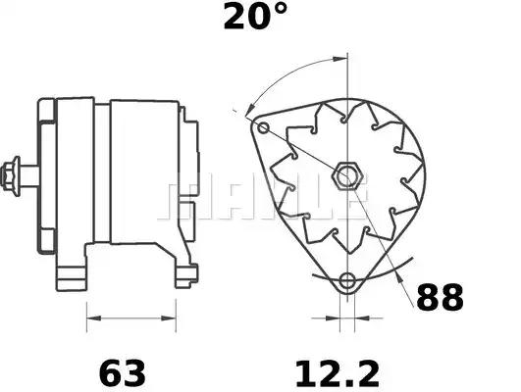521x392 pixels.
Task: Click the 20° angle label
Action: click(255, 17)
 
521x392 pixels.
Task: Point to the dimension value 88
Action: click(440, 298)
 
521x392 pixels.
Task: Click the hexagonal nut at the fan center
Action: click(347, 177)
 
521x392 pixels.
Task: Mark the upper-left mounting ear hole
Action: click(262, 127)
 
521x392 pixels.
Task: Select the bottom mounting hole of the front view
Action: click(345, 282)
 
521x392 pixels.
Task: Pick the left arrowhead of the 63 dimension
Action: click(91, 318)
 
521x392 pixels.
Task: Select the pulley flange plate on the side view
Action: click(45, 176)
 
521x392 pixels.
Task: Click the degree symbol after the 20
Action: click(281, 11)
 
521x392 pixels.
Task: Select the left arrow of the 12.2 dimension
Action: click(330, 318)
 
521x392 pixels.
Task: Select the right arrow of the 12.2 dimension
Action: click(359, 318)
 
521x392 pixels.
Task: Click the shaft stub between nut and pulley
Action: click(29, 176)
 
